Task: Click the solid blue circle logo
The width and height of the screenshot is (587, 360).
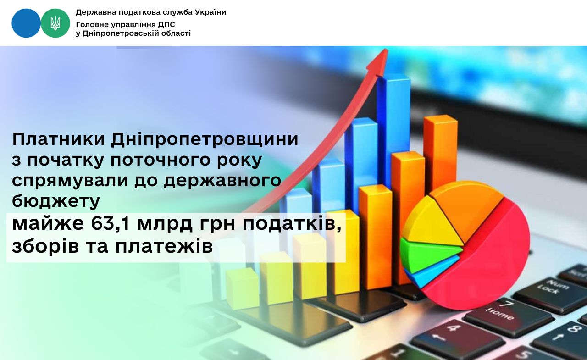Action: [26, 23]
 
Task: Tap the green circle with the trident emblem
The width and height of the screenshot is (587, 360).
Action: [55, 23]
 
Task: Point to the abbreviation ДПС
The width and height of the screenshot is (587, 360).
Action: [166, 25]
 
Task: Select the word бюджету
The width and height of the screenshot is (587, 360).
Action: [56, 202]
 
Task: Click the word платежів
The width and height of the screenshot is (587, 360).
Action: [164, 247]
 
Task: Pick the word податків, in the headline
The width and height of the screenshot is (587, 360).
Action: [292, 225]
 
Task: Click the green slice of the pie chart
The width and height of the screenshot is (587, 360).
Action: [427, 254]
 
